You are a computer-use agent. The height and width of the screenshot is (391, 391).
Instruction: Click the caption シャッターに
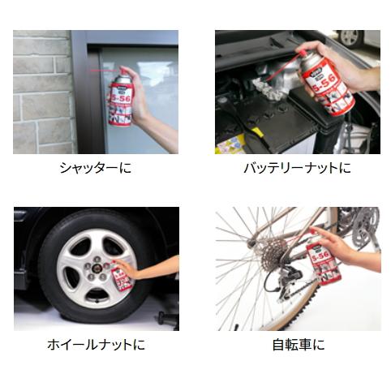click(x=95, y=169)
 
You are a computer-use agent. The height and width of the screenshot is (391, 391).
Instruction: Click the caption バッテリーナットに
click(x=297, y=169)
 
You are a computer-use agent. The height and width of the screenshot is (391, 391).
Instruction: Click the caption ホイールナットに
click(x=95, y=345)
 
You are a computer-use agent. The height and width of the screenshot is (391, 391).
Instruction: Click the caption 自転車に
click(x=297, y=345)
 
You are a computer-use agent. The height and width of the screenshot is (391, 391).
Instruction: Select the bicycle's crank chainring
click(x=357, y=219)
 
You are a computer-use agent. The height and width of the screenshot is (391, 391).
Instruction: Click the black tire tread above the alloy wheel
click(x=81, y=217)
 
